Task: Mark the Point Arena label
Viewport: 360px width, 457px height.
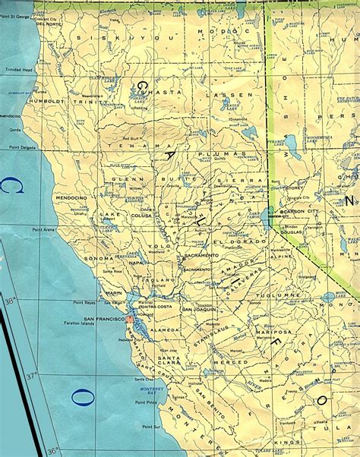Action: click(x=45, y=228)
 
